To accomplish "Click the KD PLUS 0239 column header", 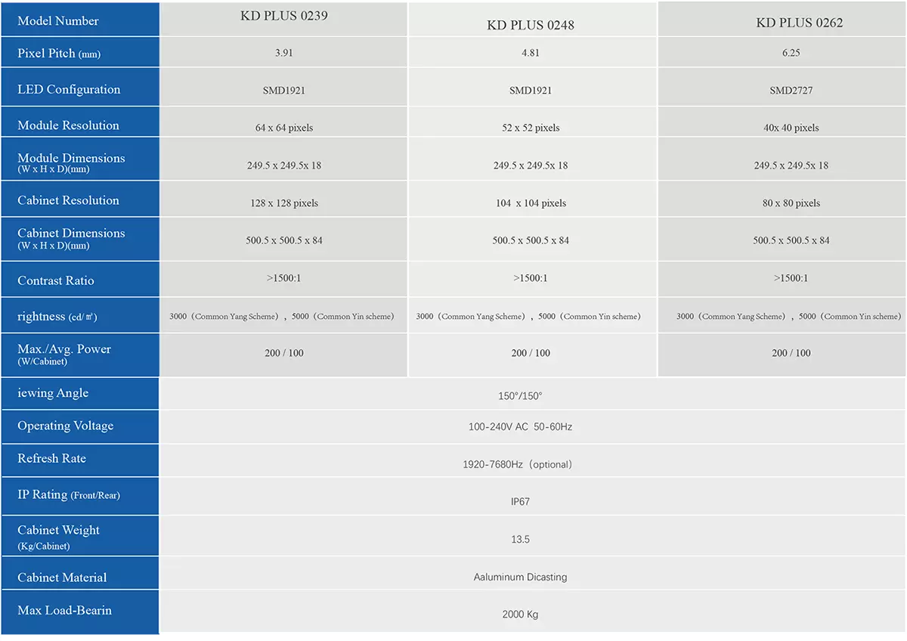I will tap(283, 16).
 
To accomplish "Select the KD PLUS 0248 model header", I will tap(531, 25).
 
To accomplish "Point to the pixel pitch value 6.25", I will tap(791, 54).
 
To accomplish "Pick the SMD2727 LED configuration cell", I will tap(791, 91).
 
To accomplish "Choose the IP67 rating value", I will tap(520, 502).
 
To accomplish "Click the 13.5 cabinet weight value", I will tap(520, 540).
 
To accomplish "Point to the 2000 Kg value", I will tap(520, 615).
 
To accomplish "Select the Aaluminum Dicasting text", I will tap(520, 578).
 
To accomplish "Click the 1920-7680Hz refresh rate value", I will tap(517, 465).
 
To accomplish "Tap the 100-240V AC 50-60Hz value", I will tap(520, 427).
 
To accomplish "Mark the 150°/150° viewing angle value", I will tap(520, 396).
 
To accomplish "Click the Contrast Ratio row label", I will tap(56, 280).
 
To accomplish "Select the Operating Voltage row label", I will tap(66, 426).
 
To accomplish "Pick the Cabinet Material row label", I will tap(62, 578).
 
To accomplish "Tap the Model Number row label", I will tap(58, 21).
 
